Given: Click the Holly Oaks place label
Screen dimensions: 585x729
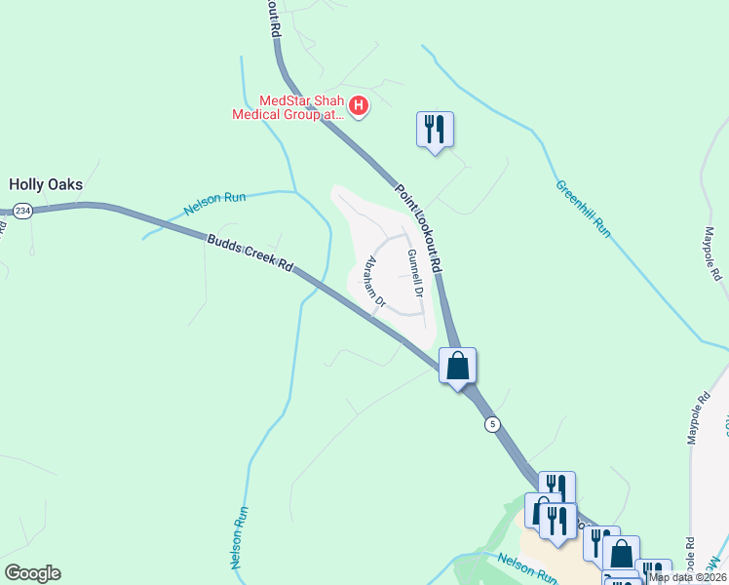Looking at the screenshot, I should coord(46,183).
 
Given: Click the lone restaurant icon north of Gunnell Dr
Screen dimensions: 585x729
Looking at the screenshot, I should coord(435,129).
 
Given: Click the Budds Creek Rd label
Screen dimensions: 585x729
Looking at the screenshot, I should coord(249,252).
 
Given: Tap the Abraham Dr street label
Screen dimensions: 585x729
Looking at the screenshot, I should coord(375,283).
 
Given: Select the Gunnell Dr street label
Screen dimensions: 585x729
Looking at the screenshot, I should coord(416,273).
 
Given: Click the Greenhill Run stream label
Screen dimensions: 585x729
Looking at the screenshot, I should coord(583,209).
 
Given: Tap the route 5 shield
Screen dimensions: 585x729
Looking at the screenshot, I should coord(493,424).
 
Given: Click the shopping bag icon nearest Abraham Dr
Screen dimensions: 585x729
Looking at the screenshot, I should coord(457,367).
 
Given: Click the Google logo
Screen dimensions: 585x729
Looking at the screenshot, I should coord(32,573).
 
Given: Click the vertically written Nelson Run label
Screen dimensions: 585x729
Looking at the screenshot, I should coord(238,537).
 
